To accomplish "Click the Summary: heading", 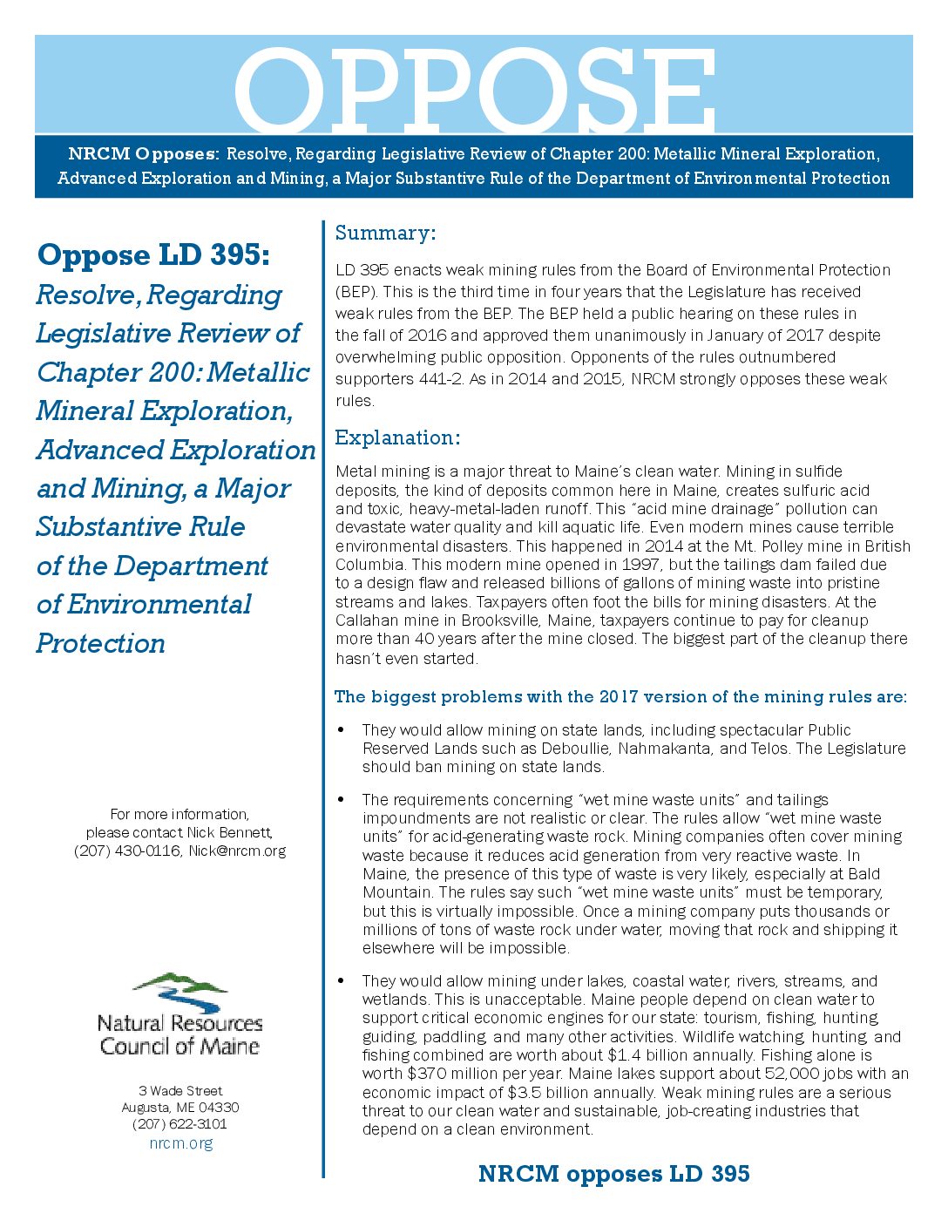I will coord(385,233).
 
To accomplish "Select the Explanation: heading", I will coord(397,437).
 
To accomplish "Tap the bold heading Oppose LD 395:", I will coord(153,255).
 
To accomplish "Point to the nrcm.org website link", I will coord(180,1143).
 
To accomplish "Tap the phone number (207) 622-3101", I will coord(180,1124).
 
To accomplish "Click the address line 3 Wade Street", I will coord(180,1091).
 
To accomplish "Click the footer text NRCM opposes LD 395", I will coord(613,1174).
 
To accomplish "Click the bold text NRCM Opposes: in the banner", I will coord(143,154).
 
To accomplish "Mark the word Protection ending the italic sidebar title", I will coord(101,643).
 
